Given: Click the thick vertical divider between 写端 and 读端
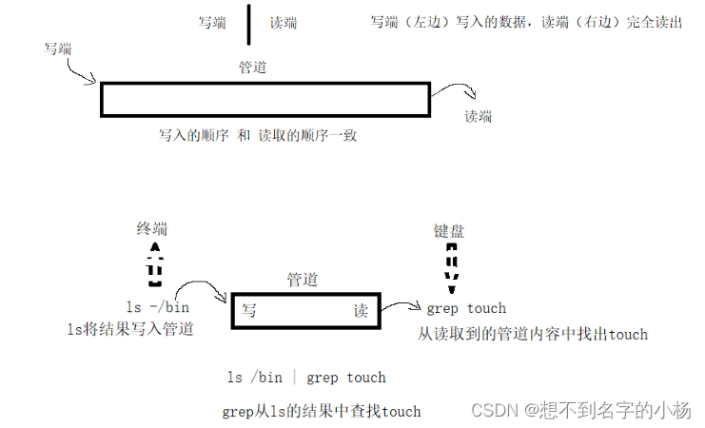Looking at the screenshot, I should [249, 24].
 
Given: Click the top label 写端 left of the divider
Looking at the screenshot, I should [212, 23].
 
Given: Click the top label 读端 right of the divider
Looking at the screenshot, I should [284, 23].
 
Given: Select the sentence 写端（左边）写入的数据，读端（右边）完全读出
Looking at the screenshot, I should [526, 22].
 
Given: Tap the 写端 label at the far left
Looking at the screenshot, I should [58, 48].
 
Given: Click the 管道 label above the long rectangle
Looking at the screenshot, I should [253, 68].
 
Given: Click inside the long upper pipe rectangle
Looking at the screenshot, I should [265, 99].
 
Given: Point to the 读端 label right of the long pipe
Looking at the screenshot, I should [479, 117].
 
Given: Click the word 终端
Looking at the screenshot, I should [152, 228].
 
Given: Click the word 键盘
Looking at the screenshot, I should [449, 231].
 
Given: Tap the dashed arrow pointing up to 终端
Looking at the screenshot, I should [155, 263].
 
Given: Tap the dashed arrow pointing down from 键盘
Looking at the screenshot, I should [452, 265].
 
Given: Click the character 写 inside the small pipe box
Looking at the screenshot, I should [248, 311].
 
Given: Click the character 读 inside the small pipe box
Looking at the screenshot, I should [361, 311].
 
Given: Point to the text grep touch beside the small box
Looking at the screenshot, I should [466, 308].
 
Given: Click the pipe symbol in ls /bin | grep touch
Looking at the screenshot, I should [295, 378].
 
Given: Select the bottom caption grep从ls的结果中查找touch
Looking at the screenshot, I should [321, 411].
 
